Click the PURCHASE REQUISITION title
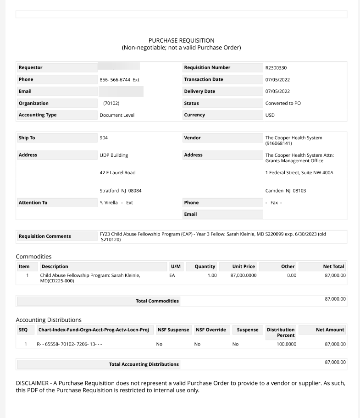pos(181,40)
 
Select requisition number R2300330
pos(276,68)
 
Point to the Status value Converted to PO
pos(283,103)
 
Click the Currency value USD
pos(270,115)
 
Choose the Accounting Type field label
pos(38,115)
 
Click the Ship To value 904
pos(104,138)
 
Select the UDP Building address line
pos(114,155)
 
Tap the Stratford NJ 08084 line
pos(121,191)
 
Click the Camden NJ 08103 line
pos(285,191)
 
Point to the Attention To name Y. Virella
pos(108,203)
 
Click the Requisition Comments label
pos(44,236)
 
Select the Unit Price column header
pos(244,267)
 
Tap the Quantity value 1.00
pos(212,275)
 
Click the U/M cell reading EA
pos(172,275)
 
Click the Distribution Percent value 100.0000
pos(286,344)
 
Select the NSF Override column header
pos(210,330)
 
